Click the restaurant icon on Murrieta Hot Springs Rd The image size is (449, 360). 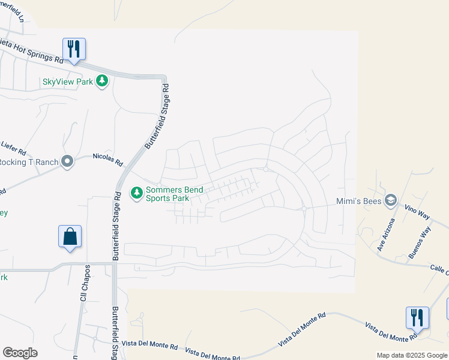point(74,49)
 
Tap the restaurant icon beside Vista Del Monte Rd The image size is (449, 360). point(418,317)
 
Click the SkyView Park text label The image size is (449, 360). point(67,82)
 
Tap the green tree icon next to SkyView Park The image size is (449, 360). point(102,81)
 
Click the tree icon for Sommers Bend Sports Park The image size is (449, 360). point(137,193)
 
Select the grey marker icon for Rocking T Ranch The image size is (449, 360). point(67,161)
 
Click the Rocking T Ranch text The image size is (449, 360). point(29,162)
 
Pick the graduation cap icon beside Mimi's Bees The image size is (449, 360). point(391,200)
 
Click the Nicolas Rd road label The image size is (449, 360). point(107,159)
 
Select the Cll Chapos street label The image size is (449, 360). point(84,278)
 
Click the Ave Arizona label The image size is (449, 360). point(385,234)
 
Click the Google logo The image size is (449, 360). point(20,352)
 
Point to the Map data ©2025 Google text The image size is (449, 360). point(411,355)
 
